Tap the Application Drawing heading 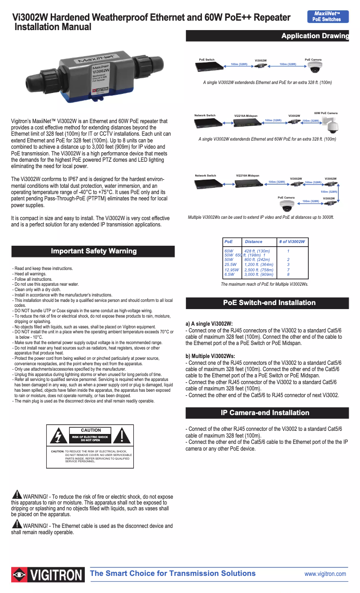(315, 36)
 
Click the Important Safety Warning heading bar (93, 251)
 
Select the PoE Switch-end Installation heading (269, 303)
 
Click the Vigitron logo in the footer (48, 575)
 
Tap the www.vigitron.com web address (325, 574)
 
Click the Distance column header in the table (254, 242)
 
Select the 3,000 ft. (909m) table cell (259, 274)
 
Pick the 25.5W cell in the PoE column (230, 265)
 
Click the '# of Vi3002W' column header (291, 242)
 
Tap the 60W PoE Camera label (325, 113)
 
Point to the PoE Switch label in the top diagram (206, 60)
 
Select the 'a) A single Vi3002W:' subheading (209, 324)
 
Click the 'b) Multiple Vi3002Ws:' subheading (211, 356)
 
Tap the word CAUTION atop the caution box (91, 430)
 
